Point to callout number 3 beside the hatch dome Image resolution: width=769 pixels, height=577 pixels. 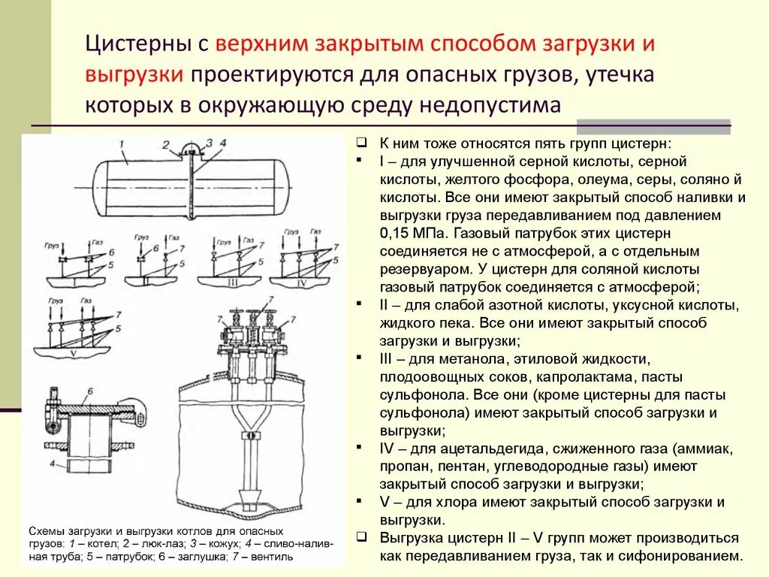click(x=210, y=142)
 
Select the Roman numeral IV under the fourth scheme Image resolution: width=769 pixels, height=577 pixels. click(x=303, y=282)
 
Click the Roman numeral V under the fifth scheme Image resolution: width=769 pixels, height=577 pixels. click(x=72, y=352)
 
